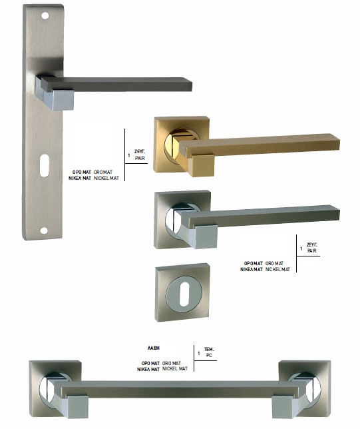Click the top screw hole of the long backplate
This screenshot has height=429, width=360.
(x=45, y=16)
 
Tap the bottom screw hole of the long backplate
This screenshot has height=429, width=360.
(x=44, y=230)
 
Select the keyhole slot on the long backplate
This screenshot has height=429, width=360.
(x=45, y=165)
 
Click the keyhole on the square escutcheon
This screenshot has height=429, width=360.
(x=184, y=294)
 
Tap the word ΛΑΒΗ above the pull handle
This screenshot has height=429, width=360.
(x=154, y=348)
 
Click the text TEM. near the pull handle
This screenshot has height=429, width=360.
(x=209, y=349)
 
